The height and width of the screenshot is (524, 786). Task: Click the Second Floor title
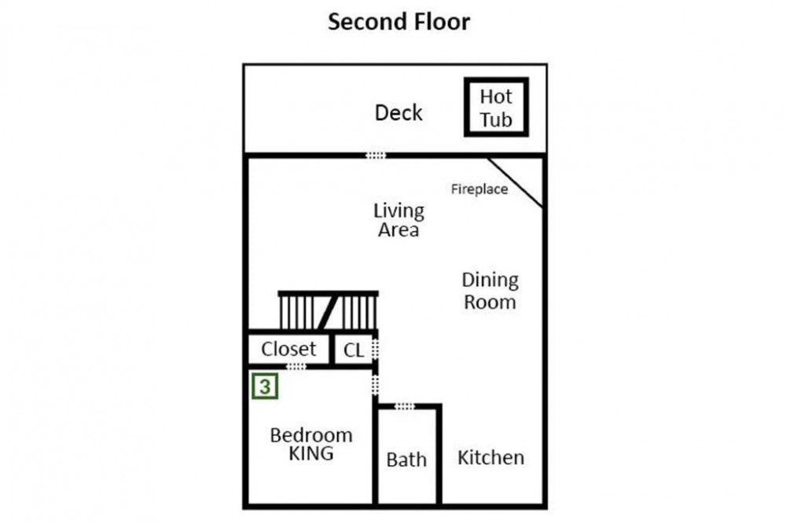tap(399, 21)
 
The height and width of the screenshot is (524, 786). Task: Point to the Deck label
tap(399, 112)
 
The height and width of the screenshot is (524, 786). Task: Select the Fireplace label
tap(479, 189)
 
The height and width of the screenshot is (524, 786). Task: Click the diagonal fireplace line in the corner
tap(516, 182)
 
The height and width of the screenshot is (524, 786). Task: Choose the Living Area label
tap(399, 220)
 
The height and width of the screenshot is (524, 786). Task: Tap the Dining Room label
tap(490, 291)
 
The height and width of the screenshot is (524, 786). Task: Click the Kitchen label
tap(490, 457)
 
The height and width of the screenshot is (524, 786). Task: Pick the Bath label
tap(406, 460)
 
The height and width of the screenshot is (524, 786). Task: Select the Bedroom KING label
tap(311, 444)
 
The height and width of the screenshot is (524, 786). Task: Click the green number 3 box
tap(265, 387)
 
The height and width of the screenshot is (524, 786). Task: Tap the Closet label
tap(288, 349)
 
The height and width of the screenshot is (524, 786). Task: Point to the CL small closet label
tap(354, 350)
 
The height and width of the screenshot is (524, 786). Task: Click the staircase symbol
tap(329, 310)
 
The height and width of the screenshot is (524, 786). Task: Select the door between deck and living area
tap(376, 156)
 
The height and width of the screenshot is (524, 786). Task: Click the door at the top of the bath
tap(405, 406)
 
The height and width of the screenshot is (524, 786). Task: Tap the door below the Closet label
tap(296, 367)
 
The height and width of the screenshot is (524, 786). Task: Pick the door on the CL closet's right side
tap(375, 349)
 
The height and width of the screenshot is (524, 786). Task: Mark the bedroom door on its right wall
tap(375, 385)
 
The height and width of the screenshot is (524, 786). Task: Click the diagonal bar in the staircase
tap(326, 312)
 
